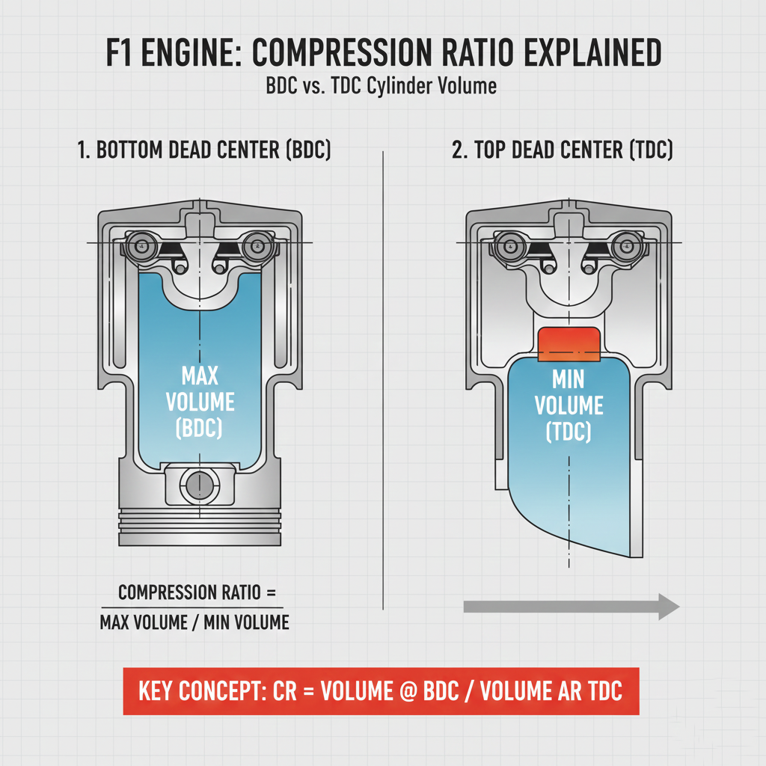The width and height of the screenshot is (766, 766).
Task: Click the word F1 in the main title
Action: point(119,55)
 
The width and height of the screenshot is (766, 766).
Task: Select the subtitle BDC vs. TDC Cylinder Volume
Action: point(382,86)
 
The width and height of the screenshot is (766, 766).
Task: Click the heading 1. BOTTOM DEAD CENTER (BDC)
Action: point(203,150)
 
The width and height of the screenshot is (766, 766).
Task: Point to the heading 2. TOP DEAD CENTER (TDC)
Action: point(562,150)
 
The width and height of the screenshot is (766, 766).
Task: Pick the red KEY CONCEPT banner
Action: point(381,690)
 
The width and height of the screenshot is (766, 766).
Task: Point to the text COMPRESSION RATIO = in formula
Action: point(192,594)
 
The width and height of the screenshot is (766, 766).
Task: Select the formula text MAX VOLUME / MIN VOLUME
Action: point(194,622)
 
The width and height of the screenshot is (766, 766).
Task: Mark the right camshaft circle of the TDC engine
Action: point(625,244)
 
